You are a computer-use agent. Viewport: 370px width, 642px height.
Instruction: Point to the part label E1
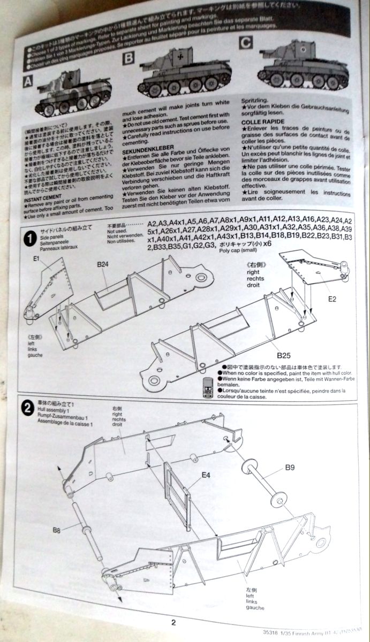click(x=37, y=259)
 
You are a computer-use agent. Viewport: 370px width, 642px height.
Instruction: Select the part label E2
click(x=332, y=298)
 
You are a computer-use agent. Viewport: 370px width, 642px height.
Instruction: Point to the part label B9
click(x=290, y=467)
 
